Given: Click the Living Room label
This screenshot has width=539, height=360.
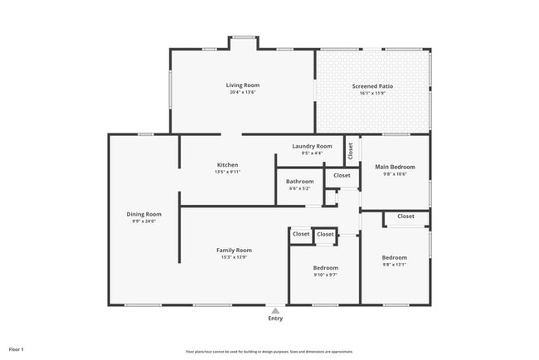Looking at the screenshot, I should [243, 85].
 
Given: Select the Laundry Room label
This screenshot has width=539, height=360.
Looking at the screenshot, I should [312, 146].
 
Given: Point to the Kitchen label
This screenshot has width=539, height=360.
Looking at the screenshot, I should [227, 165].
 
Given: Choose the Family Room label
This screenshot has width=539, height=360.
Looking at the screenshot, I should [234, 250].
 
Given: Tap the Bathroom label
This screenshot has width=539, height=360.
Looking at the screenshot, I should [299, 182].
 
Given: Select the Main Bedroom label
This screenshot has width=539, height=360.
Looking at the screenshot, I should [395, 167].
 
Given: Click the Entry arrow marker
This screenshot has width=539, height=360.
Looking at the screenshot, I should [275, 310].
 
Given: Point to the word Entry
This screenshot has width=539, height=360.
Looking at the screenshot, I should [275, 319].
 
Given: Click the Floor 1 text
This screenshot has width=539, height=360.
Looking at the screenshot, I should [17, 349].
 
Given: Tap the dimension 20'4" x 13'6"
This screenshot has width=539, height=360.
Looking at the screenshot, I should [243, 92].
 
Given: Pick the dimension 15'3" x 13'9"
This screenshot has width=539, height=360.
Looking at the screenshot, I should [234, 257].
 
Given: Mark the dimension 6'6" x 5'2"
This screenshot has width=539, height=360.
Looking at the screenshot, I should [299, 189].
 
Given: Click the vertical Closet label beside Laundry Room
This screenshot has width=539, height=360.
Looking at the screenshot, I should [351, 150].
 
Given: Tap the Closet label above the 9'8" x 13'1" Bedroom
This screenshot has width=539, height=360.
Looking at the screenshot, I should [405, 216].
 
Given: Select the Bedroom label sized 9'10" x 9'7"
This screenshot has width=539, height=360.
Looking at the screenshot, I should [325, 268].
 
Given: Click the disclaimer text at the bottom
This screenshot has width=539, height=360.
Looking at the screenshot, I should [269, 351].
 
